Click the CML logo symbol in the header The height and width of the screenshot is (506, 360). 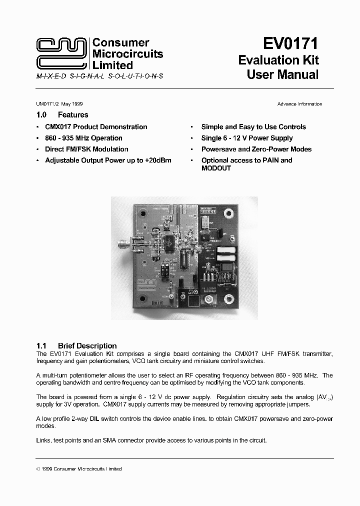[x=61, y=54]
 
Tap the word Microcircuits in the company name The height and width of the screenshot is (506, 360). [x=128, y=54]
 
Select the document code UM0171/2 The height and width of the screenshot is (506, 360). [x=48, y=104]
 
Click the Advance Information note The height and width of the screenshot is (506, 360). [x=299, y=104]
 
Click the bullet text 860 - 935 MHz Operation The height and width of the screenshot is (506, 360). [x=83, y=138]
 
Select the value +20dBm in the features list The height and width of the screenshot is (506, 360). [x=158, y=160]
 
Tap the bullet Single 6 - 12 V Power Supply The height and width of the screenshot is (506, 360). [x=247, y=138]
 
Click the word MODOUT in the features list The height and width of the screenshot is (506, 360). [x=216, y=168]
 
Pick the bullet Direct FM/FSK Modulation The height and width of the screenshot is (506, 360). [x=86, y=149]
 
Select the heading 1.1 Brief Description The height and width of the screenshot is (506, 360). [x=76, y=345]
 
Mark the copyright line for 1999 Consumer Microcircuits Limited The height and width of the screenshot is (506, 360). [x=79, y=469]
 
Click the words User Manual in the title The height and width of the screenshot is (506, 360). [x=282, y=75]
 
